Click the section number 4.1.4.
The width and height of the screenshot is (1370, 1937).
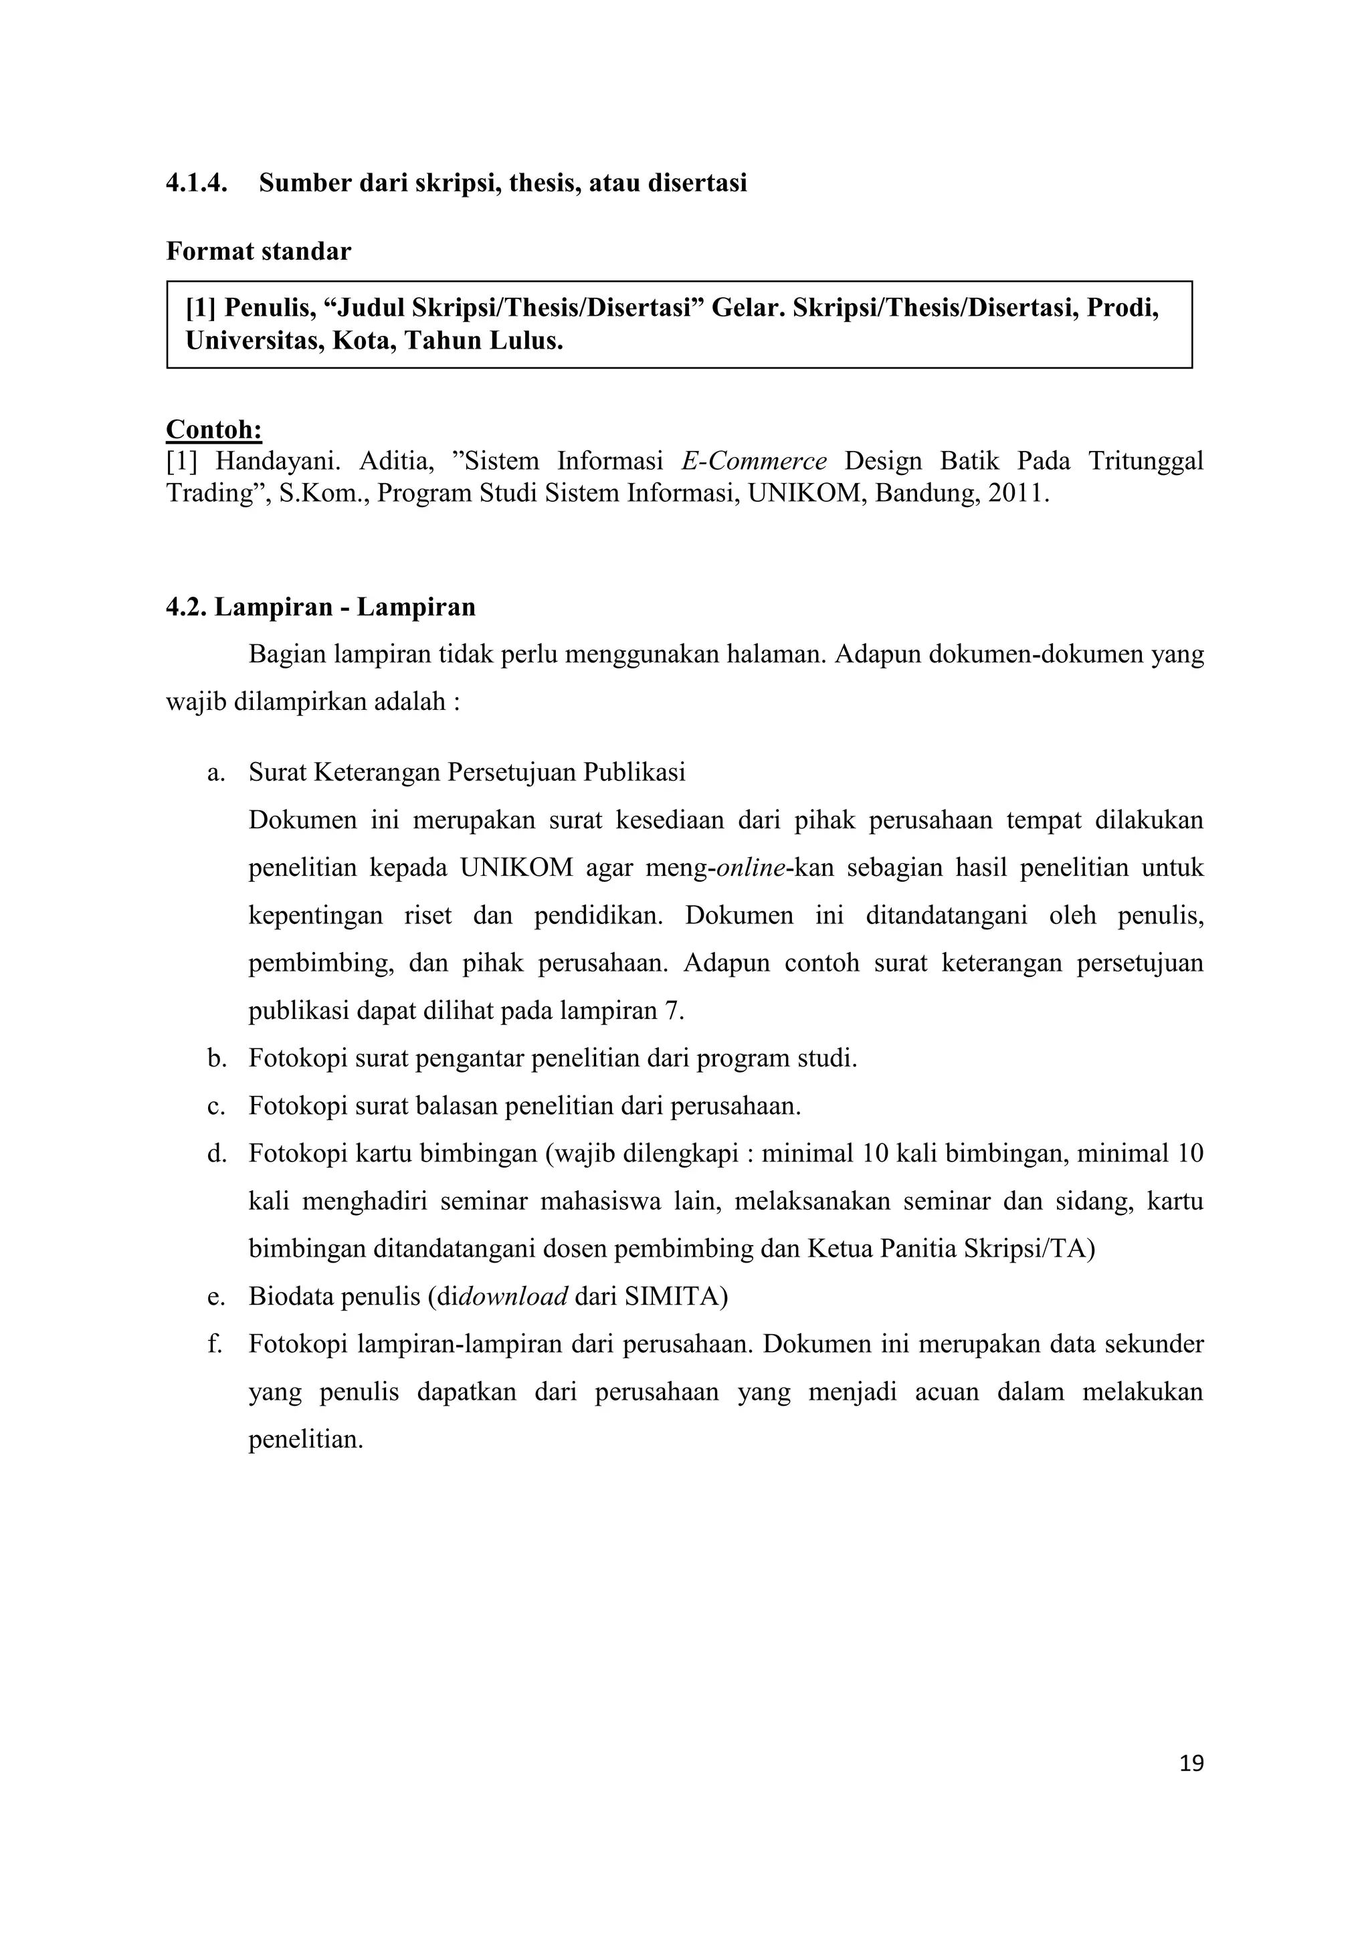tap(196, 183)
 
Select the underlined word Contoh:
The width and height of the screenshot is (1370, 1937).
tap(213, 430)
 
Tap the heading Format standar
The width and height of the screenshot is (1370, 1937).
tap(258, 252)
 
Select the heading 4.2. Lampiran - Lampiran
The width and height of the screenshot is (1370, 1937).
tap(320, 608)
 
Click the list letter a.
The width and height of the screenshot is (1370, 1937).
tap(216, 773)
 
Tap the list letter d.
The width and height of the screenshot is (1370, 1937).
tap(217, 1154)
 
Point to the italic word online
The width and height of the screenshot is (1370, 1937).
tap(750, 868)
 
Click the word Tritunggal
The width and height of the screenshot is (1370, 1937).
tap(1145, 462)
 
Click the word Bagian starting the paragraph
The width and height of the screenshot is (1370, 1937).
tap(287, 654)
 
